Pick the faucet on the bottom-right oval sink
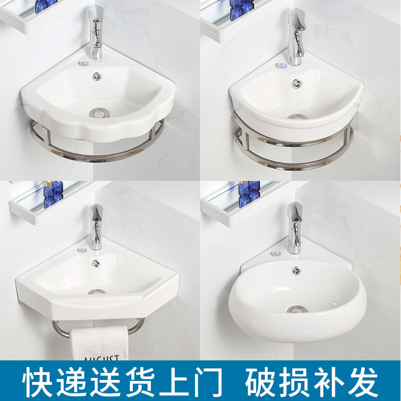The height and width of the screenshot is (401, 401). pos(295,226)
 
